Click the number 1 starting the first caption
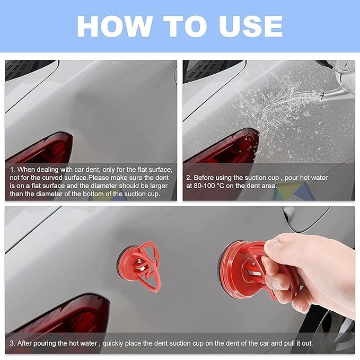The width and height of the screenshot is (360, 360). click(12, 170)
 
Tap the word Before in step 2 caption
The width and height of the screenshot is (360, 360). click(205, 178)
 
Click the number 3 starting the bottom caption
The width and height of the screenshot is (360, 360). click(12, 343)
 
